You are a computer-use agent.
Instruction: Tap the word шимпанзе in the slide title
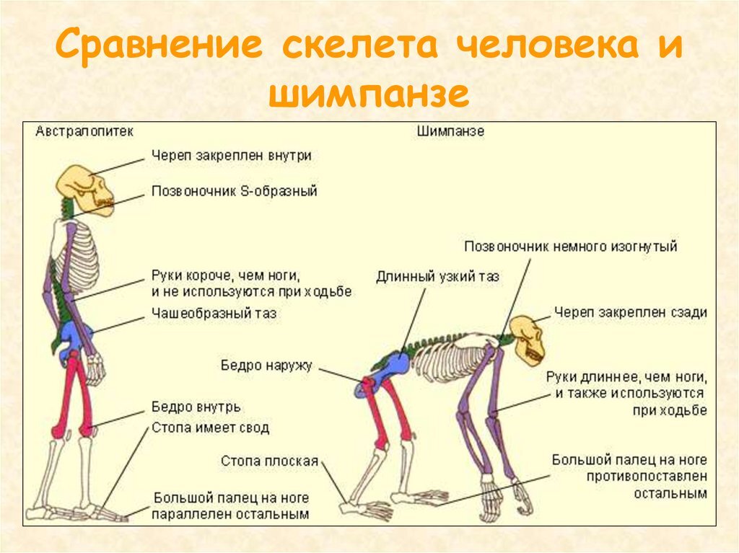tap(369, 94)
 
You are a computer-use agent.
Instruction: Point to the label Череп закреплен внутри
tap(232, 155)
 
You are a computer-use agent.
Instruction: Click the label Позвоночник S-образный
tap(234, 192)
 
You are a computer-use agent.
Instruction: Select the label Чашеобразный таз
tap(214, 314)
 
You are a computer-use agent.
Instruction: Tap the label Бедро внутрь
tap(196, 407)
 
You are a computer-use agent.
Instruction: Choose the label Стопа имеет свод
tap(210, 428)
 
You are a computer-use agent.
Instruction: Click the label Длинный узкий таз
tap(437, 276)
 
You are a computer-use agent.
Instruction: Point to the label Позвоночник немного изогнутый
tap(570, 247)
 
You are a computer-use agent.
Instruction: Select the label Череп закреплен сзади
tap(630, 312)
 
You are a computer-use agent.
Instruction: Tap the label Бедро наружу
tap(266, 366)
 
